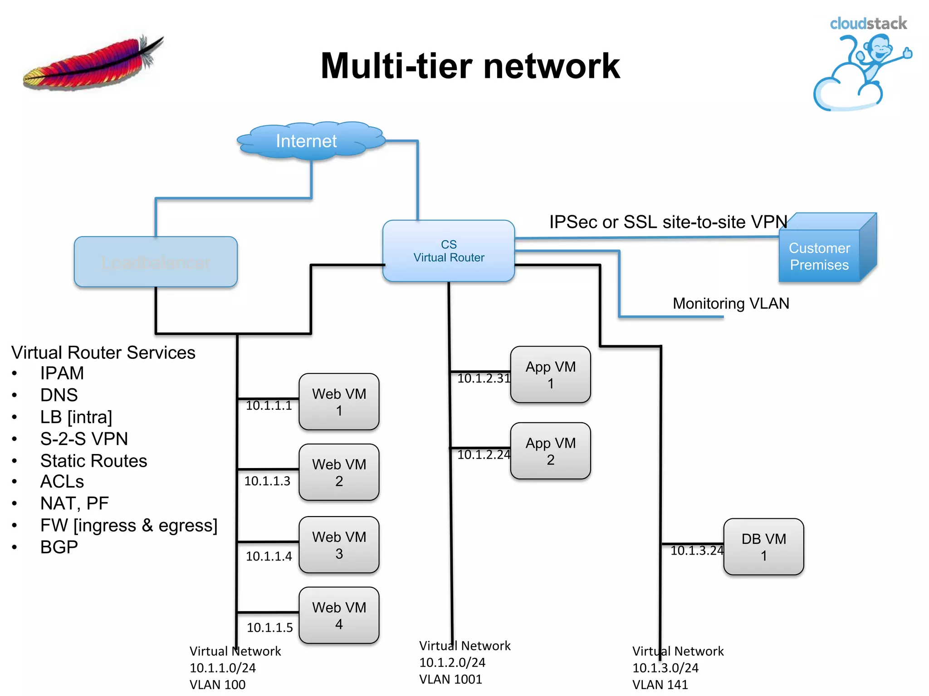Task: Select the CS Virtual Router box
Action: tap(448, 251)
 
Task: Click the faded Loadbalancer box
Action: tap(156, 262)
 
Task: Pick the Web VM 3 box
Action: tap(339, 545)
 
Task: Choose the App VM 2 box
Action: tap(550, 451)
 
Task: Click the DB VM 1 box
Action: tap(763, 546)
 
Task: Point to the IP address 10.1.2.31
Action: tap(484, 378)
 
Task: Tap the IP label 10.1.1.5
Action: tap(269, 628)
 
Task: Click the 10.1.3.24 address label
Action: tap(696, 551)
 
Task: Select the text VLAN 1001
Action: tap(450, 679)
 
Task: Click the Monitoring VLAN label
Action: tap(731, 303)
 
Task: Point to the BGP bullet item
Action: tap(59, 547)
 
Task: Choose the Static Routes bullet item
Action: tap(93, 461)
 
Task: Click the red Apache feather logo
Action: tap(93, 63)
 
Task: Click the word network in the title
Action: tap(551, 66)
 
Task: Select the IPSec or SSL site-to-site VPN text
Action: tap(668, 222)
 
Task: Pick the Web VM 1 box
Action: tap(339, 401)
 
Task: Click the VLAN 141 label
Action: tap(660, 685)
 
